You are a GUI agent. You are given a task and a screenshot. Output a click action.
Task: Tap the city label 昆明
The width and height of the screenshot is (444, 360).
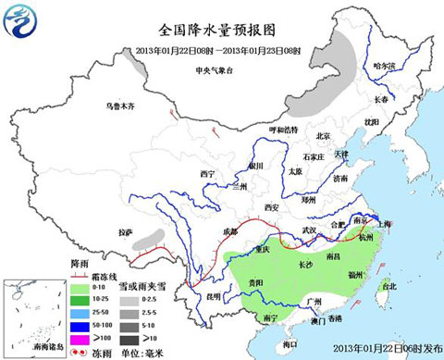[x=213, y=296]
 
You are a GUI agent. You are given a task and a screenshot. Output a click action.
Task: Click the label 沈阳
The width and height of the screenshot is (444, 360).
[x=371, y=121]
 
